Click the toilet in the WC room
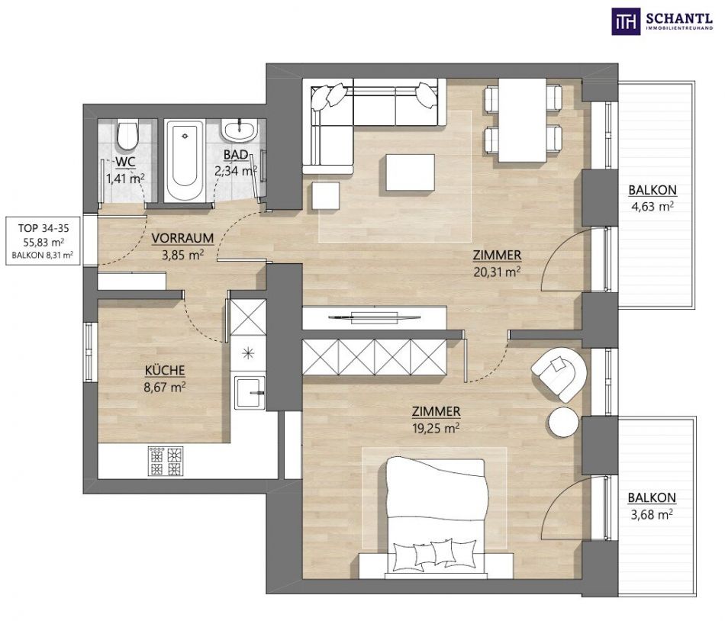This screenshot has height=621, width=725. click(127, 134)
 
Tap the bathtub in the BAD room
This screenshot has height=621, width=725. click(185, 161)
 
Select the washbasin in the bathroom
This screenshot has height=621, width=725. click(240, 130)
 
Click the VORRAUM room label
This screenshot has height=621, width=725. click(182, 238)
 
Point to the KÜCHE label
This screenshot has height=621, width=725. click(165, 370)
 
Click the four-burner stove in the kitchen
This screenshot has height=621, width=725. click(166, 461)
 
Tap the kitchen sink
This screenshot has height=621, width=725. click(250, 393)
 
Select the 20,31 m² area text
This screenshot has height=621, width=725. click(497, 272)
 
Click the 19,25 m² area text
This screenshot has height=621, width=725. click(436, 428)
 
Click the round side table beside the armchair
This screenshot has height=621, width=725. click(563, 422)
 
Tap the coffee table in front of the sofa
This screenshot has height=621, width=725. click(410, 172)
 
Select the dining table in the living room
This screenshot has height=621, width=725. click(523, 120)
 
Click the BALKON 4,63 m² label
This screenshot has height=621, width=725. click(652, 198)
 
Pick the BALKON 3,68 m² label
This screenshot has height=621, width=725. click(652, 506)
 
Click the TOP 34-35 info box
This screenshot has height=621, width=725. click(43, 241)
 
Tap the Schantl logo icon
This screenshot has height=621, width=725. click(626, 21)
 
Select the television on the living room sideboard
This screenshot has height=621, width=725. click(375, 317)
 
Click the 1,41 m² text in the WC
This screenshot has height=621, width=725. click(125, 179)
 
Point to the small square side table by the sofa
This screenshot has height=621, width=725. click(326, 195)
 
